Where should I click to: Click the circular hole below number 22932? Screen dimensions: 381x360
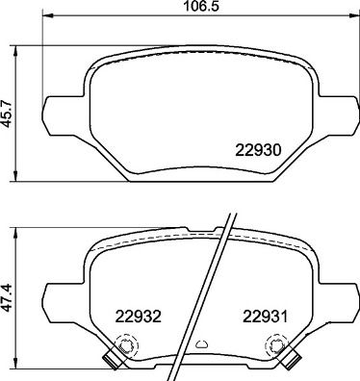122,344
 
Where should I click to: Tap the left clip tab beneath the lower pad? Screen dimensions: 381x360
110,362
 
